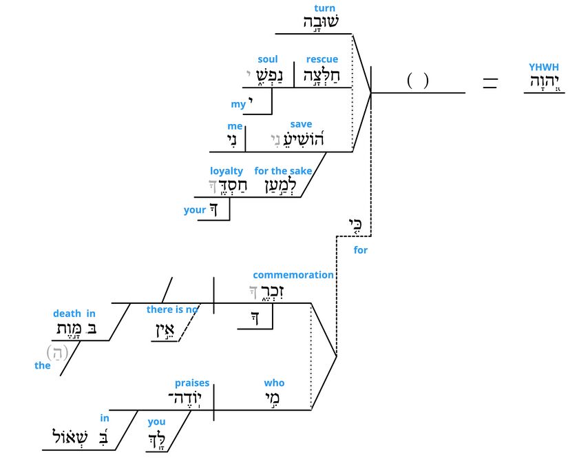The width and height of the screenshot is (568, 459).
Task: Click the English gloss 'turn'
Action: tap(324, 8)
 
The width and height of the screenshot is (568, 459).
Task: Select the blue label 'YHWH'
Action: tap(544, 67)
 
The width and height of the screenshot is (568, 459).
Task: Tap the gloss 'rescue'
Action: tap(322, 59)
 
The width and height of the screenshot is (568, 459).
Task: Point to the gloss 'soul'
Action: tap(268, 59)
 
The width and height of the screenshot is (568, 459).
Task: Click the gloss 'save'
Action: tap(301, 124)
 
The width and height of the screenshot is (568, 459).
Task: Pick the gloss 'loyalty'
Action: tap(227, 170)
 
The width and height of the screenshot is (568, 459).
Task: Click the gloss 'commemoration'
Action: tap(293, 275)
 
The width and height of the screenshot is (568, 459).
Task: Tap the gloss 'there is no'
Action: tap(172, 309)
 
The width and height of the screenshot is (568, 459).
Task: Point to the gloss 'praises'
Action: tap(192, 383)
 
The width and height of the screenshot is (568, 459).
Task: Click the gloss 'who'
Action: tap(274, 383)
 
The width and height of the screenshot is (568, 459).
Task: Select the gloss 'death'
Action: tap(66, 314)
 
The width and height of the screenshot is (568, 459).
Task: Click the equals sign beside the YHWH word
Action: tap(490, 83)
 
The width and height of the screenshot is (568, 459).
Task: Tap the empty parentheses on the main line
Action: tap(418, 81)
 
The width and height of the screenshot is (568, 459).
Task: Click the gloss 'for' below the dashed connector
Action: tap(361, 250)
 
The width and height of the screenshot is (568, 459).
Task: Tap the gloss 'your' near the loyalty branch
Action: tap(195, 210)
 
